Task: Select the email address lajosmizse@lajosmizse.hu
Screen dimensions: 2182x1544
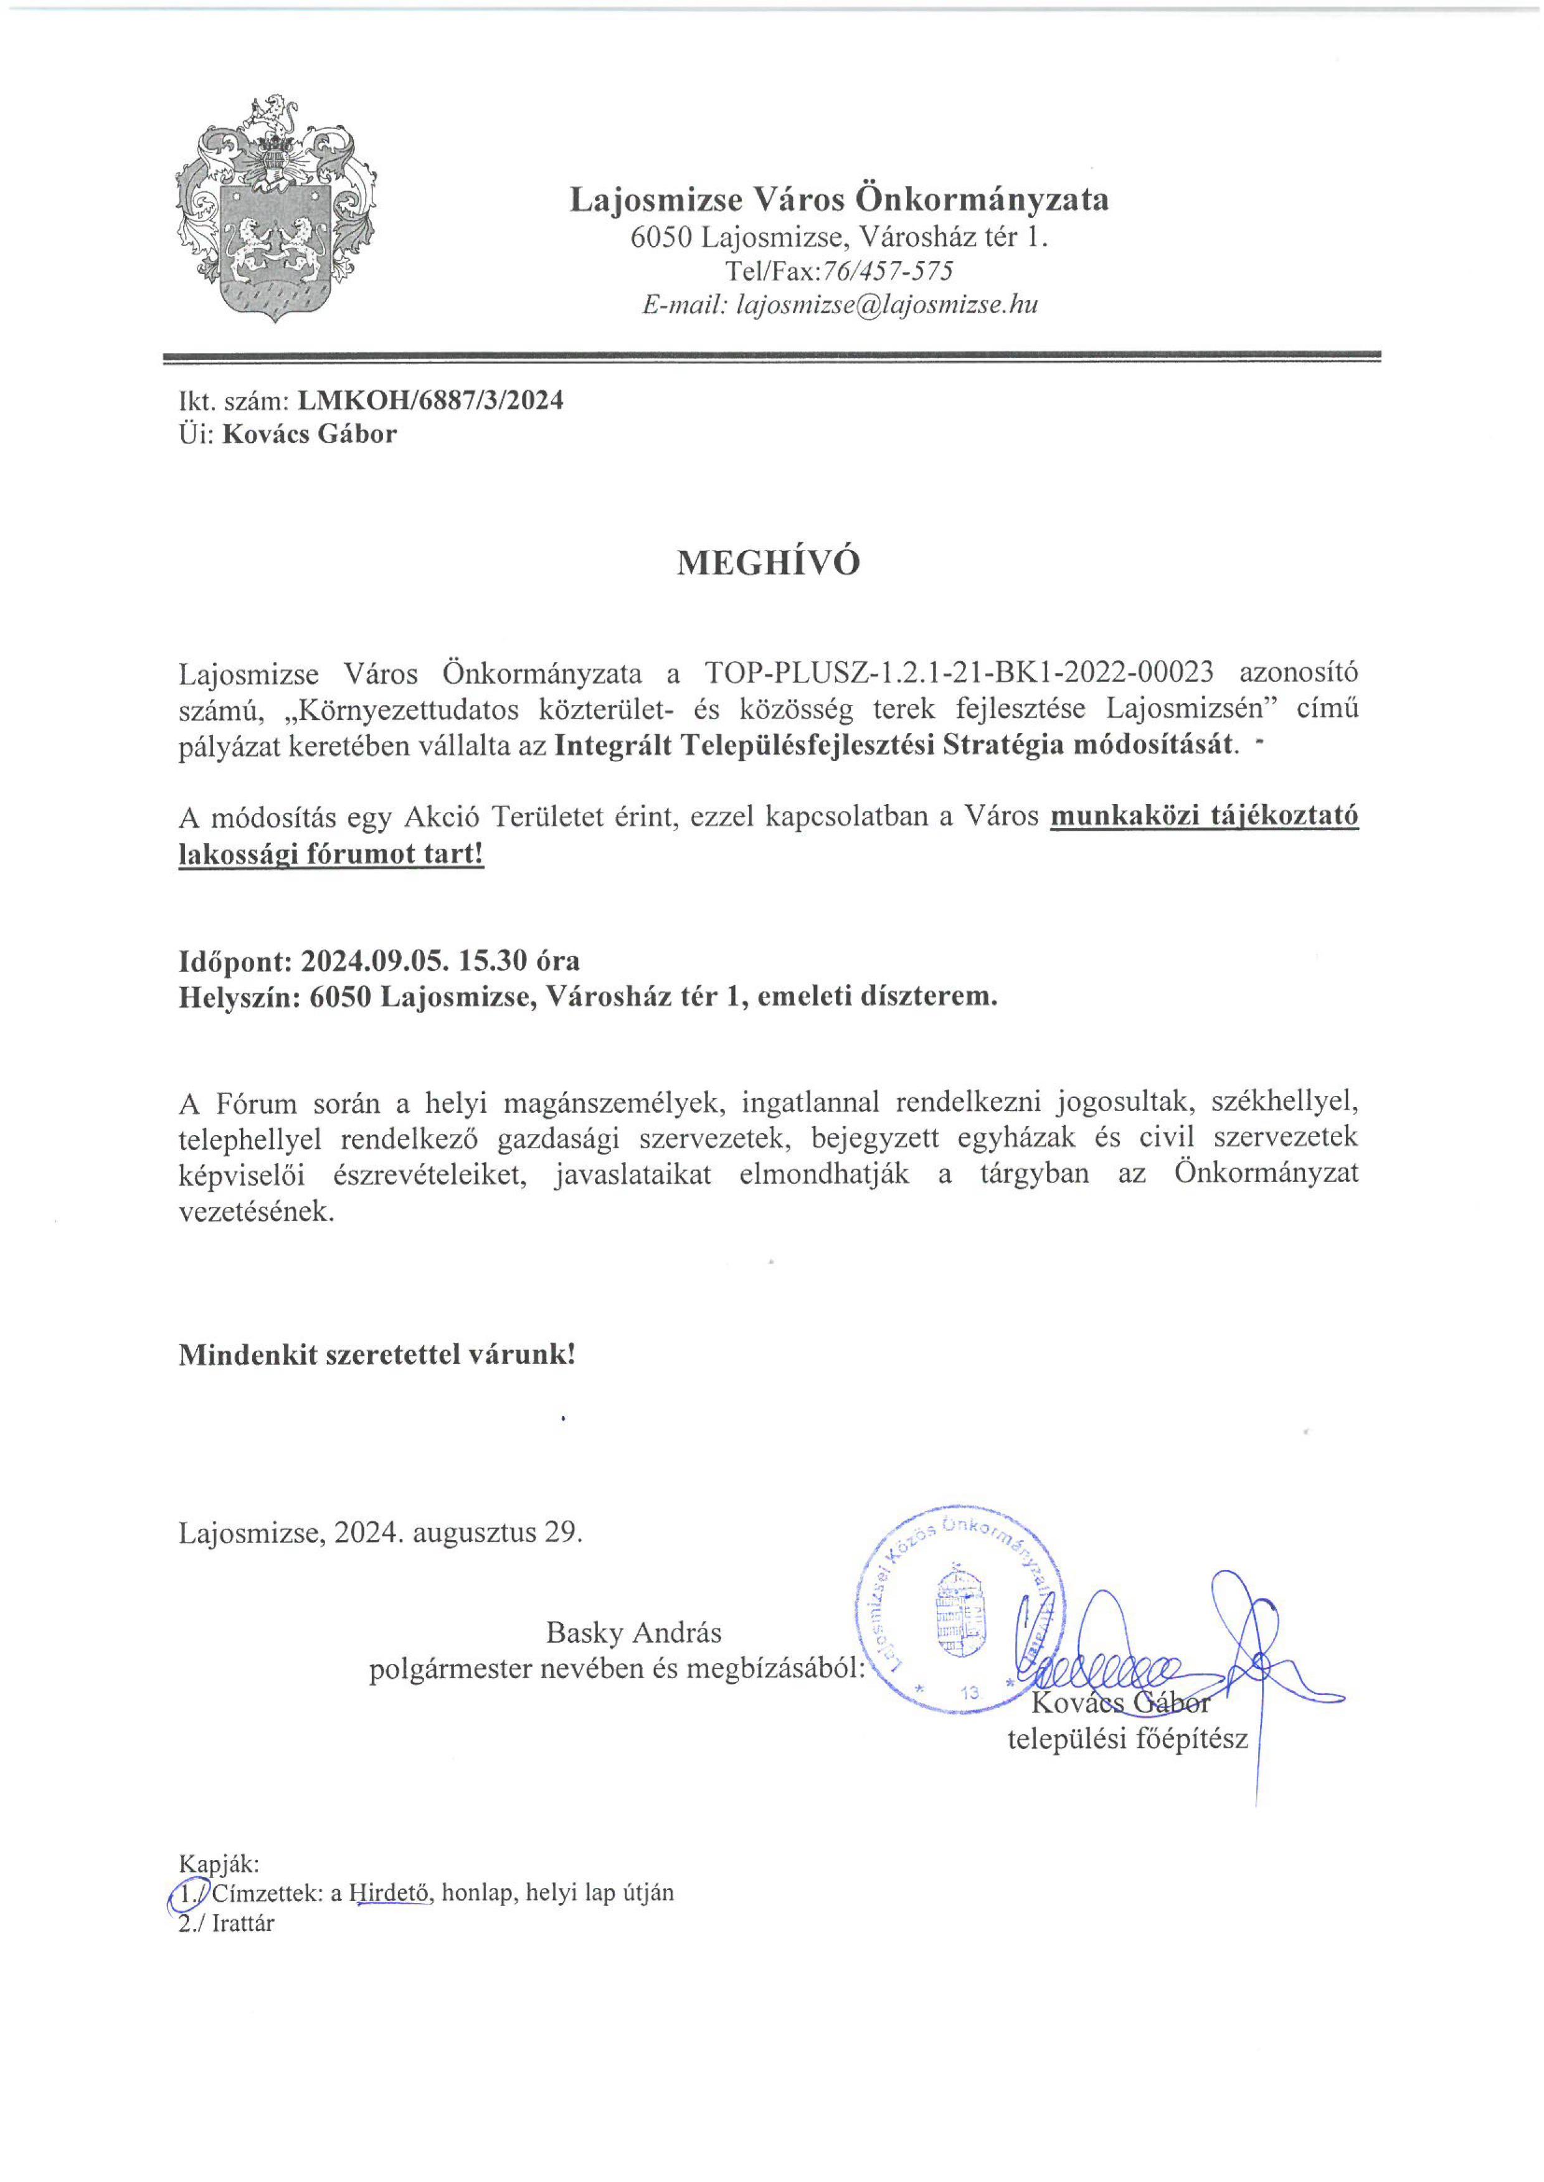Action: tap(887, 305)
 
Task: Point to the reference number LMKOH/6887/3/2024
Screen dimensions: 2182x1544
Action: tap(430, 400)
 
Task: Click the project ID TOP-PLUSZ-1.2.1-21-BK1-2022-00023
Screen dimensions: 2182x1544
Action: tap(959, 672)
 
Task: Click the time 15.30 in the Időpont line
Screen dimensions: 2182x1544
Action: tap(493, 961)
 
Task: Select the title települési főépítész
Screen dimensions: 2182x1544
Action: tap(1127, 1739)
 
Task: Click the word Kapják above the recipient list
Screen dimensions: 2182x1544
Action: tap(219, 1864)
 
